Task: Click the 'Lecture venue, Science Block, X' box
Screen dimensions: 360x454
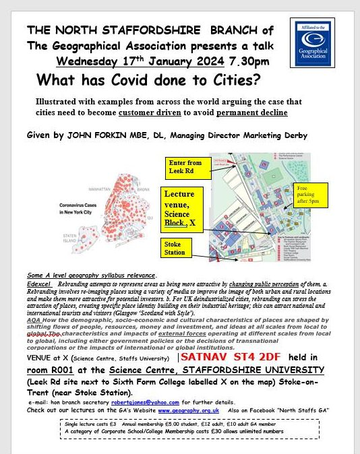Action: coord(183,209)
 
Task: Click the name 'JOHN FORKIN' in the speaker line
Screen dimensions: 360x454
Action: coord(88,135)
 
